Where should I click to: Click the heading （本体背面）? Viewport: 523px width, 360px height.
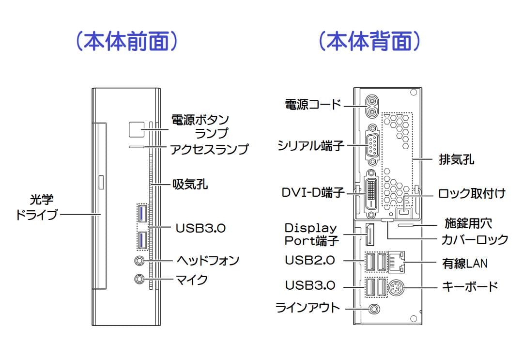coord(369,42)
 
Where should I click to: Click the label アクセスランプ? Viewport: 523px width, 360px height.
coord(209,148)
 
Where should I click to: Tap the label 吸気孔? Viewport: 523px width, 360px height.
coord(190,184)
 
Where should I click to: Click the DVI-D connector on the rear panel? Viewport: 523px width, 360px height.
coord(372,192)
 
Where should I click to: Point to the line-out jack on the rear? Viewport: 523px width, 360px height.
coord(374,308)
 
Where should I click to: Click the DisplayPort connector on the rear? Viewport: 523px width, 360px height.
coord(369,235)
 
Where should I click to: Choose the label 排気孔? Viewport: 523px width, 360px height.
coord(456,159)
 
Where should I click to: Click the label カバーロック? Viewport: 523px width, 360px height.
coord(474,239)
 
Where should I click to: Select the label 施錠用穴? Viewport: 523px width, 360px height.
coord(468,223)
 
